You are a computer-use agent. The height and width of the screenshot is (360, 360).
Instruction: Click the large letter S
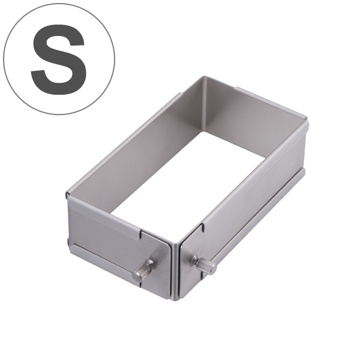59,59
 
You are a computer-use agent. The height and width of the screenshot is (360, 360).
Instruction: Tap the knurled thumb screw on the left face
143,270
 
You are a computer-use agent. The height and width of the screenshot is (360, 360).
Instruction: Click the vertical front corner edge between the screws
176,272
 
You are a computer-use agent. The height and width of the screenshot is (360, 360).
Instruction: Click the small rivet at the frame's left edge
68,241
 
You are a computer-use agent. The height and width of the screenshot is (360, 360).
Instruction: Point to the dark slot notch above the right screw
203,227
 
